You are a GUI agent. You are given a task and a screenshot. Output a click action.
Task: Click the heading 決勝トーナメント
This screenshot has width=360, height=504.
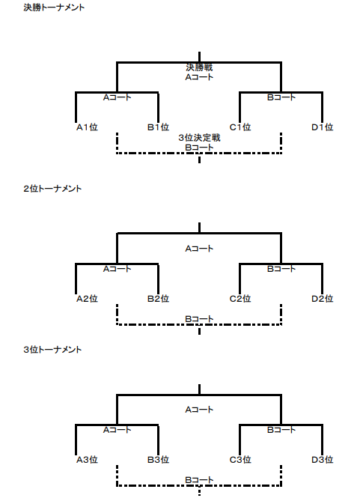coord(54,7)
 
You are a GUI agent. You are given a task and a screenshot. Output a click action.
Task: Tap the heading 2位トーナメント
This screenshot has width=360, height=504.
coord(52,189)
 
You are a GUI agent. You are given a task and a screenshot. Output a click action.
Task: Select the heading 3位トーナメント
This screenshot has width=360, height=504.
coord(52,350)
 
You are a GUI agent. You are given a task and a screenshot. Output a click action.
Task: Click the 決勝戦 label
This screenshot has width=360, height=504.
coord(199,67)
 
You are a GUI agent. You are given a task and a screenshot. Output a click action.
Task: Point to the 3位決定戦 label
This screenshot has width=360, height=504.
coord(199,138)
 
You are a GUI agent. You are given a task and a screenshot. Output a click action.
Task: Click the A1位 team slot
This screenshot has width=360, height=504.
coord(87,127)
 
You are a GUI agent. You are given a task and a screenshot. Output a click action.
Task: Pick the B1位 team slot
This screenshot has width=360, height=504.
coord(159,127)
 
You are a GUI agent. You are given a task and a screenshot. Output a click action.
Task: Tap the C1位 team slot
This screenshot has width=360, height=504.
coord(240,127)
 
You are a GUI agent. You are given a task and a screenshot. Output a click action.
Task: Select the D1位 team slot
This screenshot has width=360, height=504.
coord(323,127)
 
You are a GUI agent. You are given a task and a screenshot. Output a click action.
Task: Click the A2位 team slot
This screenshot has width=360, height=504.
coord(87,299)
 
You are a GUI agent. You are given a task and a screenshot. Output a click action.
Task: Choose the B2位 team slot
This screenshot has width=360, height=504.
coord(159,299)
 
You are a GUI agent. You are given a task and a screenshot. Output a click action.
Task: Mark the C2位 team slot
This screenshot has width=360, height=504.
coord(240,299)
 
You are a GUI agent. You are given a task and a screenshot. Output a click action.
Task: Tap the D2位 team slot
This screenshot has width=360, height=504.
coord(323,299)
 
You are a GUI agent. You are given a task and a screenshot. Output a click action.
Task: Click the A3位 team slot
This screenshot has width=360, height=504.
coord(87,460)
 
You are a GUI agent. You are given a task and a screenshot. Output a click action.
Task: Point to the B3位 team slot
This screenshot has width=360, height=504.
coord(159,460)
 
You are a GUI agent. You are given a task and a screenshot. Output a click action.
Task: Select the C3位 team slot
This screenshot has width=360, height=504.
coord(240,460)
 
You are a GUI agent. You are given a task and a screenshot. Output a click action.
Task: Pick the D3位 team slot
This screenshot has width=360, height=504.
coord(323,460)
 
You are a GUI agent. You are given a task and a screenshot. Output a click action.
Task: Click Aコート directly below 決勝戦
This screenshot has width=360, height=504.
coord(199,77)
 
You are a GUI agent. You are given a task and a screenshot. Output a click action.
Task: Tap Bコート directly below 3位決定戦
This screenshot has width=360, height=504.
coord(199,148)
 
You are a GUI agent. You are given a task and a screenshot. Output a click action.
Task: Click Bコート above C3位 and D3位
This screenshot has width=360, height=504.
coord(281,430)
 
